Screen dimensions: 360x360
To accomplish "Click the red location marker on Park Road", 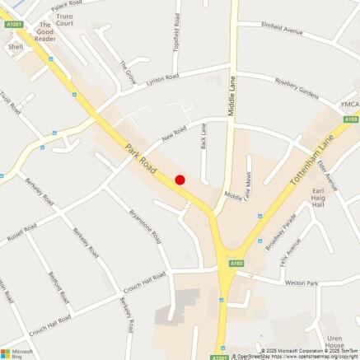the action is point(180,180).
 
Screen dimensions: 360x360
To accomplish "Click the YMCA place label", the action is point(350,103).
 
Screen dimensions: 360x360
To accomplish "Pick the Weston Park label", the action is point(302,283).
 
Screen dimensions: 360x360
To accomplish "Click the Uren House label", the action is point(334,342).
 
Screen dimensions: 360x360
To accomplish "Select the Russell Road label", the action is point(21,232).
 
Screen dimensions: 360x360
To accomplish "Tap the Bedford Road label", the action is point(58,287).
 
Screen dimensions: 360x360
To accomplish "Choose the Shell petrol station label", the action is point(16,47).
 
